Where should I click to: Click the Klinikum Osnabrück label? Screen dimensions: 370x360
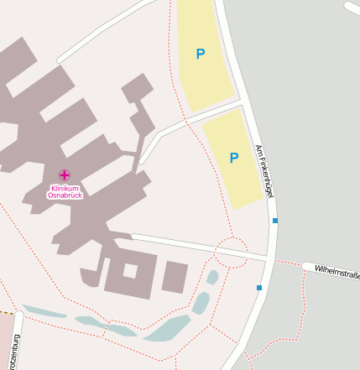click(x=65, y=191)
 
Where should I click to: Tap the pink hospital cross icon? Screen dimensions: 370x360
click(x=65, y=175)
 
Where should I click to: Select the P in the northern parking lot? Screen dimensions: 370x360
click(x=200, y=55)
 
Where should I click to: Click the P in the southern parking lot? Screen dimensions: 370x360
click(x=234, y=158)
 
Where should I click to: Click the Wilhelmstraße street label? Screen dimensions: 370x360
click(x=335, y=271)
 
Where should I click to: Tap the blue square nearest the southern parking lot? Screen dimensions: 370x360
click(x=275, y=221)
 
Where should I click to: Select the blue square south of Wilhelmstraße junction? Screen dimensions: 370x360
click(x=259, y=288)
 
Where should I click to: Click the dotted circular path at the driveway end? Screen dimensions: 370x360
click(x=231, y=252)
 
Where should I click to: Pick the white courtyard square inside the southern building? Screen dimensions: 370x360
click(x=129, y=270)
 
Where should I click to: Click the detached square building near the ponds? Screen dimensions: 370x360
click(x=175, y=277)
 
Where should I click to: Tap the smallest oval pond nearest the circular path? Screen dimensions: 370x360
click(x=212, y=276)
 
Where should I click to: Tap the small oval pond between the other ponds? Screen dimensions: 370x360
click(x=201, y=302)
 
